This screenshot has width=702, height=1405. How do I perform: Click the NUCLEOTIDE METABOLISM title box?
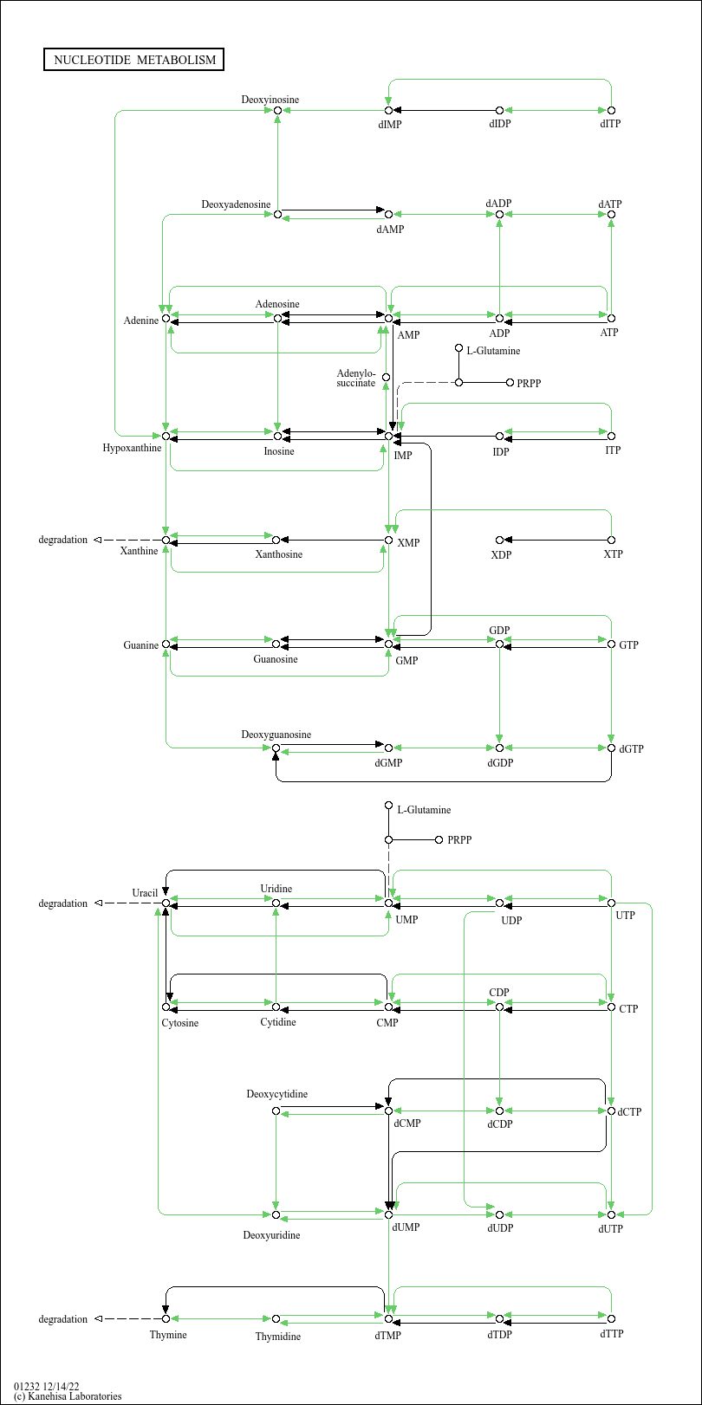click(133, 60)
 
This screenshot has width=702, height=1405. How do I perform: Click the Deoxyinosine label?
click(270, 100)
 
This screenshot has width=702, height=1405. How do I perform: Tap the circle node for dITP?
click(611, 110)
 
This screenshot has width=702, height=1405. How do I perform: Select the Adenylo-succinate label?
click(355, 379)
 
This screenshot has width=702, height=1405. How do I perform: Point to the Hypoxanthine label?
click(132, 448)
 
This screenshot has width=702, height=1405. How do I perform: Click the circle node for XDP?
click(499, 540)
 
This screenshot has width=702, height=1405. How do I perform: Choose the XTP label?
click(613, 554)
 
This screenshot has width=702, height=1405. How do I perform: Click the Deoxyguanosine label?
click(276, 735)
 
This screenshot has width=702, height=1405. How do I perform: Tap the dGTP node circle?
click(611, 748)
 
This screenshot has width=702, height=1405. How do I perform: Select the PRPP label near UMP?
click(459, 840)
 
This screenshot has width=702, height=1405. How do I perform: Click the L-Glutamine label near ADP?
click(493, 351)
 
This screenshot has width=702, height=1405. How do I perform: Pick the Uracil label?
click(144, 892)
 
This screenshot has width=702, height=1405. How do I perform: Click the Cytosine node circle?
click(166, 1007)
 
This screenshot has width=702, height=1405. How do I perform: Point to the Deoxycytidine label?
click(276, 1094)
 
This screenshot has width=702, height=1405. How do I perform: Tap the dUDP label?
click(500, 1228)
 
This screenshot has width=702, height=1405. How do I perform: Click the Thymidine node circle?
click(276, 1318)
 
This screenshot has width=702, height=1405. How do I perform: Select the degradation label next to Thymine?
click(62, 1319)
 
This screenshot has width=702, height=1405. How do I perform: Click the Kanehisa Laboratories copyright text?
click(68, 1396)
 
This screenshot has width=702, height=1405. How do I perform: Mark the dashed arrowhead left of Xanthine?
click(98, 540)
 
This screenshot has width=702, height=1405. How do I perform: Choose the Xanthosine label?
click(278, 554)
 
